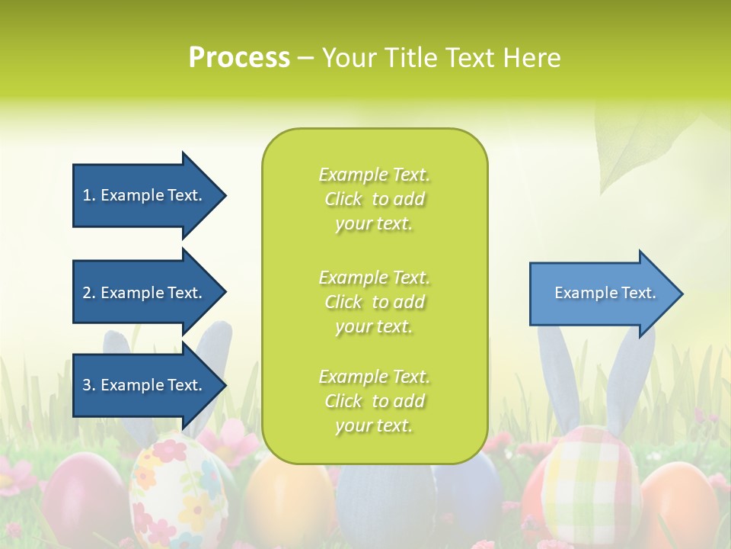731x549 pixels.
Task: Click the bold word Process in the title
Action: [239, 58]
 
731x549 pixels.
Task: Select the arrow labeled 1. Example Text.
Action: [145, 196]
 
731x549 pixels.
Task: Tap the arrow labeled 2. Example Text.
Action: [145, 293]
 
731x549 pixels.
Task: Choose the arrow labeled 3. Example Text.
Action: [145, 385]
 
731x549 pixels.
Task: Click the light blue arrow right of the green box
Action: [602, 294]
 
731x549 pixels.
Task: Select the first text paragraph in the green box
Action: [374, 199]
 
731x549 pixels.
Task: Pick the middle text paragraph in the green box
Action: [374, 302]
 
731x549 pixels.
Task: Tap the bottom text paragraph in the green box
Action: [374, 401]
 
